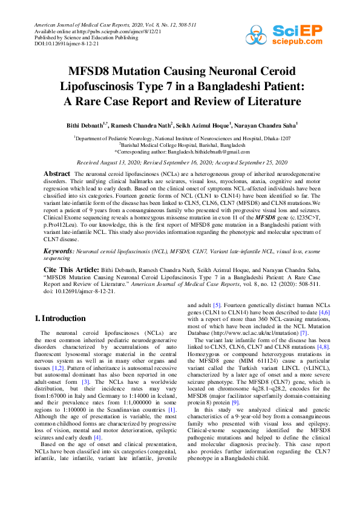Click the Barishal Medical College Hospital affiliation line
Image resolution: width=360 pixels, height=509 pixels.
click(x=182, y=145)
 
